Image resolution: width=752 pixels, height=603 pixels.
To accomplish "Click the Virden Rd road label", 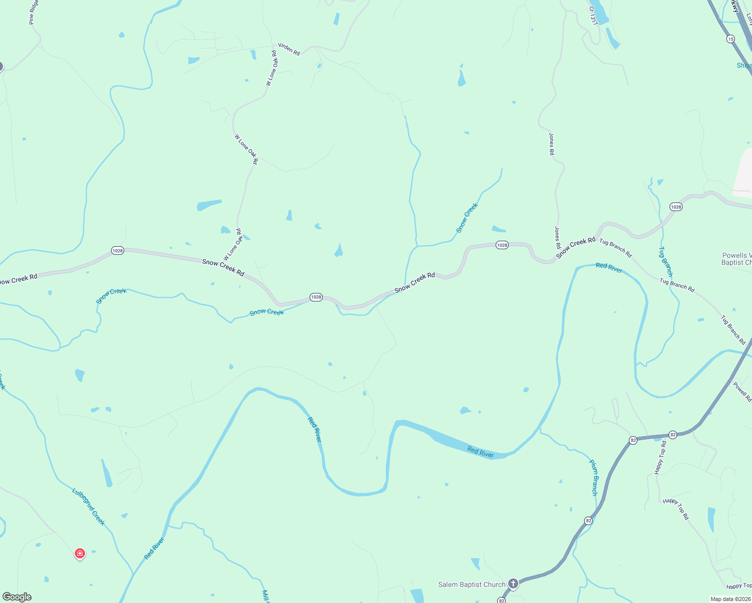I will (x=289, y=49).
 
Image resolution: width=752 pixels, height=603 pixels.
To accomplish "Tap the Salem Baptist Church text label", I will (x=472, y=584).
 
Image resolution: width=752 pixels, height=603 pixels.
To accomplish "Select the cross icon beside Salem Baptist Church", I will (x=513, y=583).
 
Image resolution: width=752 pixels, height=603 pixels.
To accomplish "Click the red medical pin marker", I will (x=79, y=554).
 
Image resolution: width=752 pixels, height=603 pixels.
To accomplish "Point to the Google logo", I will (x=17, y=597).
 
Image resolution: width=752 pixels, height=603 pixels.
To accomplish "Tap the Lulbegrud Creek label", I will (x=88, y=507).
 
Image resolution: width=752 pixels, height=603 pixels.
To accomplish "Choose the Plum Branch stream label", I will (x=594, y=477).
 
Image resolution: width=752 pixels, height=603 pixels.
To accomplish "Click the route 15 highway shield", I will (x=730, y=39).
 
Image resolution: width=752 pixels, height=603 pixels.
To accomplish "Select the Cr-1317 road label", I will (x=594, y=16).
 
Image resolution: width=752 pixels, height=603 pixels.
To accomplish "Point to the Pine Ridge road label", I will (x=34, y=13).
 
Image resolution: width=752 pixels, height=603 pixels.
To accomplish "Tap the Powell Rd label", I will (x=742, y=392).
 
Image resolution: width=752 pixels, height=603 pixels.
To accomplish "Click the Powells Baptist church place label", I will (x=737, y=259).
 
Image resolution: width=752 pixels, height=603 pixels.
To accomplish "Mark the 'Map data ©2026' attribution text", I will (x=730, y=599).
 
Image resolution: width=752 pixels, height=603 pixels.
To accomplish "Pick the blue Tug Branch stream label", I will (x=666, y=261).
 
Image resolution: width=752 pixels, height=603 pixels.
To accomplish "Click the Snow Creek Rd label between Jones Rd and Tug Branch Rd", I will (x=576, y=248).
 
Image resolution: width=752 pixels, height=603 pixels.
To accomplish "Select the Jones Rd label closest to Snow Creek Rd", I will (x=557, y=238).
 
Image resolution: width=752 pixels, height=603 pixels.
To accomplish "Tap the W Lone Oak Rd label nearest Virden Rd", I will (x=271, y=68).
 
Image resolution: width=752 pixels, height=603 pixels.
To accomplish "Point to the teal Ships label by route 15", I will (x=744, y=66).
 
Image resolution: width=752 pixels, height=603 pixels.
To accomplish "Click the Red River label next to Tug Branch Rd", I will (x=609, y=268).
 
